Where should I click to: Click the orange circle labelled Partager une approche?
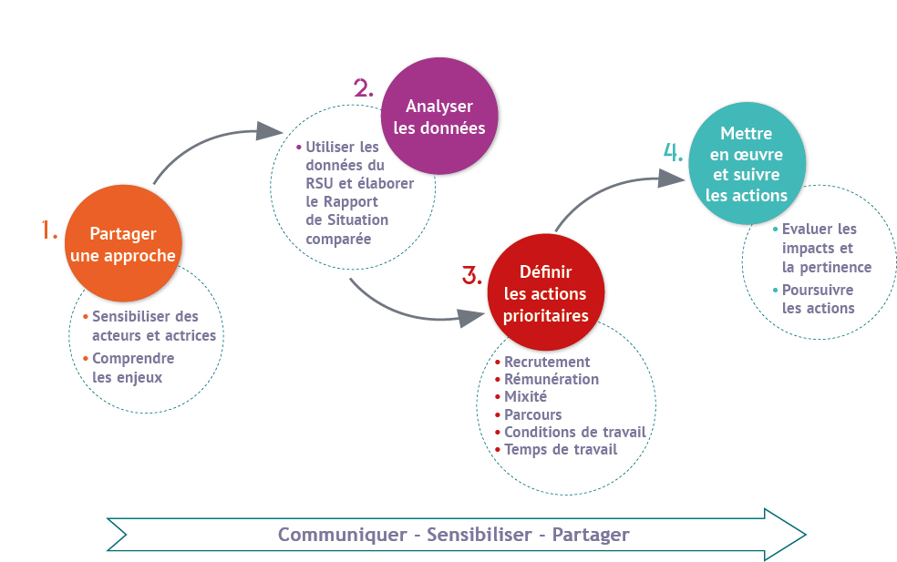124,243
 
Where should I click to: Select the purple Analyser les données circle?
439,116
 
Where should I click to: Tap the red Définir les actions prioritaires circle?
546,292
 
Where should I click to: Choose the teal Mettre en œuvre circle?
747,164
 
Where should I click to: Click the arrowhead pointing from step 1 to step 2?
269,131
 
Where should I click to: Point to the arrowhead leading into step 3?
472,317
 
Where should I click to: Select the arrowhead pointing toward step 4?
672,179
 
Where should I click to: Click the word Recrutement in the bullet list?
547,362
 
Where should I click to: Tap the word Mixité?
525,396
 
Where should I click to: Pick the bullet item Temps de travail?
561,449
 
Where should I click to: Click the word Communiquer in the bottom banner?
342,535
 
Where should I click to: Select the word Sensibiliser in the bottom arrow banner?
479,535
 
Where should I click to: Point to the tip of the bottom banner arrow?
806,535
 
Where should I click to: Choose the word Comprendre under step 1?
133,359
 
